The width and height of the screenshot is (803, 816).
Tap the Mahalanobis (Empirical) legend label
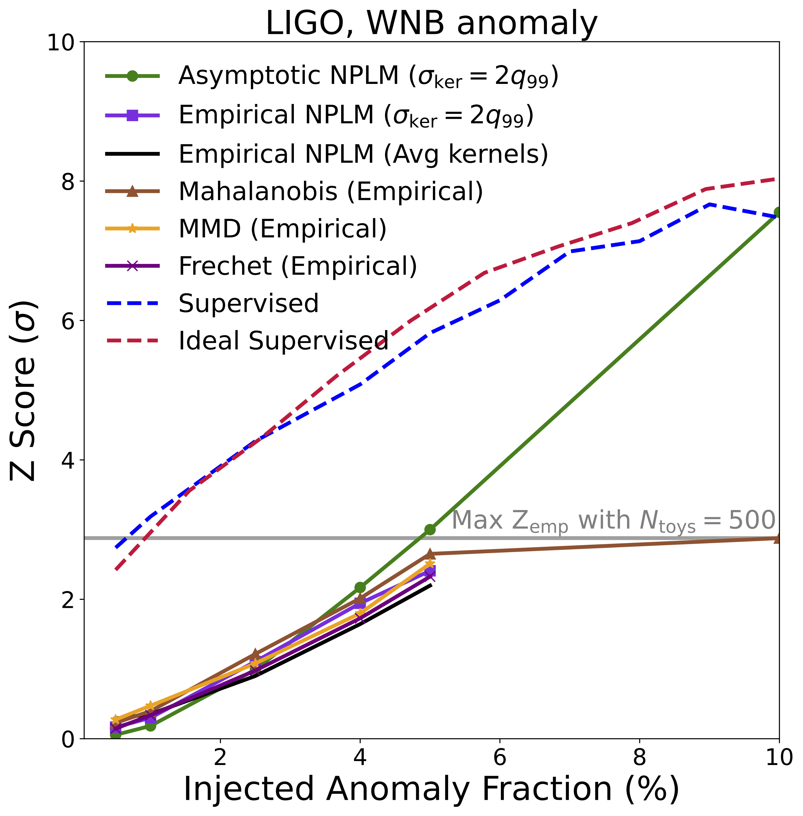click(x=331, y=191)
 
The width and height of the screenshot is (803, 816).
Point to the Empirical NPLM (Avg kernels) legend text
click(x=363, y=154)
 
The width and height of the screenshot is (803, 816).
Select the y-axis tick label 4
click(x=67, y=460)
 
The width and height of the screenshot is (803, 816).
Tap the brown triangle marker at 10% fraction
click(x=778, y=538)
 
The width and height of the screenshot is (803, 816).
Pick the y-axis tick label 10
click(x=61, y=43)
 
